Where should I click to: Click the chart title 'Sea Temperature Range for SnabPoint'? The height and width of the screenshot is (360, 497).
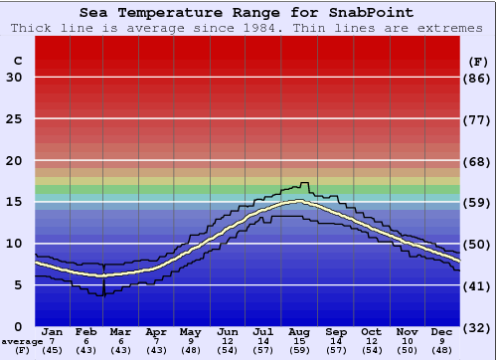(x=248, y=13)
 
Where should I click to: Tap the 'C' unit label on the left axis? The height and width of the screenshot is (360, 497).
(x=17, y=62)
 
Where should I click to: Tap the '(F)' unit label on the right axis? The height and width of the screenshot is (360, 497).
(x=478, y=62)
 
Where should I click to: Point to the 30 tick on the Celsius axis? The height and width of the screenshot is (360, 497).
(x=15, y=78)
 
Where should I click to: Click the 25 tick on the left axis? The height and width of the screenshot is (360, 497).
(x=15, y=119)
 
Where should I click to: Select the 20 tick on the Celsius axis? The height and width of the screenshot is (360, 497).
(x=15, y=161)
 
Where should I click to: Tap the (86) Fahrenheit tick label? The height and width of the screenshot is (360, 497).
(x=478, y=78)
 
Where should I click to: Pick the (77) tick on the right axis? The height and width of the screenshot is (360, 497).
(x=478, y=119)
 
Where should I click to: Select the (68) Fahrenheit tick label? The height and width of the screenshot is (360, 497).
(x=478, y=161)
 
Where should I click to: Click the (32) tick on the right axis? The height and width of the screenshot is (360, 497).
(x=478, y=327)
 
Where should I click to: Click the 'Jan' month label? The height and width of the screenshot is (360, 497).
(x=53, y=331)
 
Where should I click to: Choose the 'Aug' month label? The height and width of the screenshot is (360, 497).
(x=299, y=331)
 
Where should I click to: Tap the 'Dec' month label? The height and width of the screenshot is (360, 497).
(x=441, y=331)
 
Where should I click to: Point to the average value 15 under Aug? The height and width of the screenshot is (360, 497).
(x=299, y=341)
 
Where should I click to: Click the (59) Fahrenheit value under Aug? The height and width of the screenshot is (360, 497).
(x=299, y=350)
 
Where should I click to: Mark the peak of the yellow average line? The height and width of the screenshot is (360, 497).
(x=296, y=202)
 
